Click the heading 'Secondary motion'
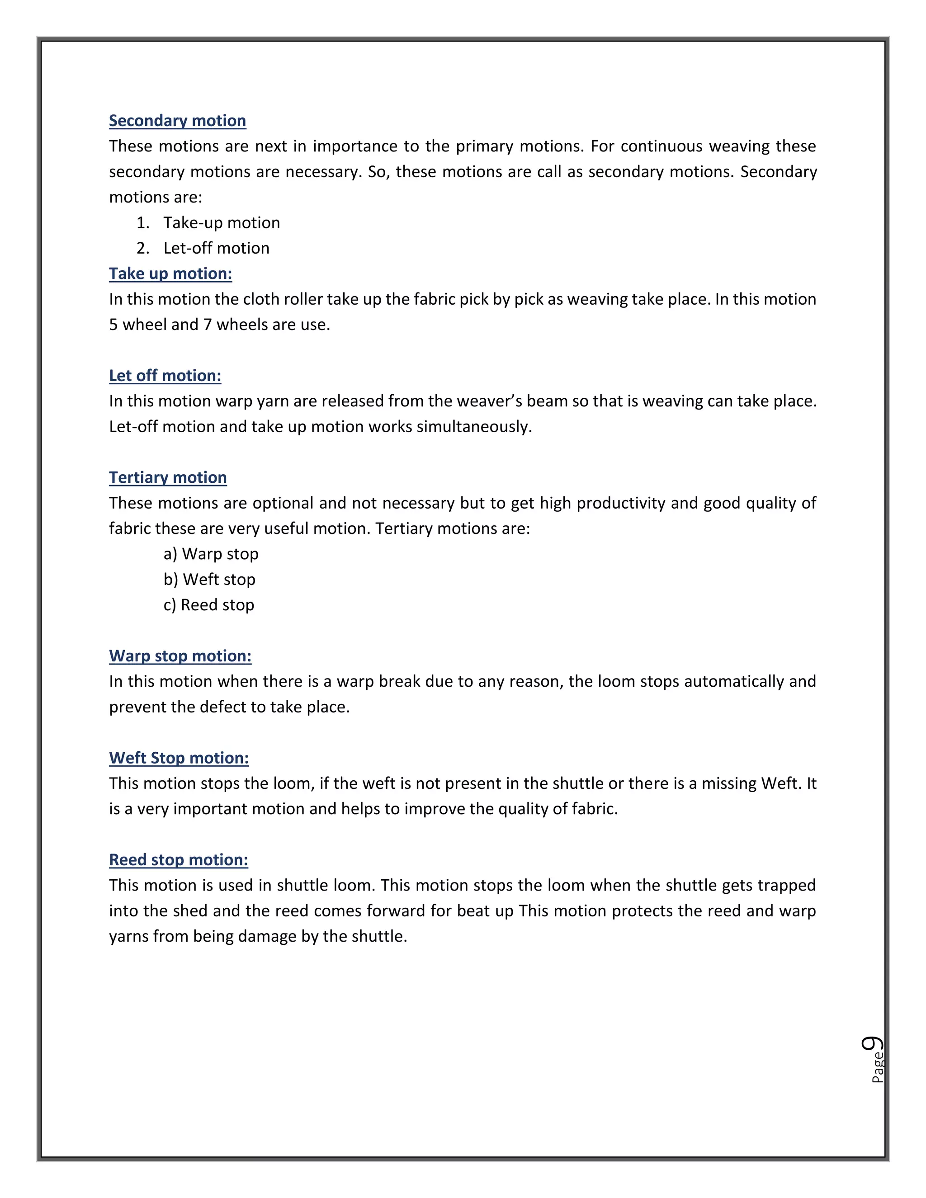click(x=177, y=121)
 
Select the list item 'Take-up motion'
click(x=221, y=223)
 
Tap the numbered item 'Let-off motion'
click(x=216, y=248)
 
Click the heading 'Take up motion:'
click(x=170, y=274)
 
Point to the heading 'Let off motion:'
click(x=165, y=376)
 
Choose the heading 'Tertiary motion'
click(x=167, y=477)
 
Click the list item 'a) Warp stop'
click(x=211, y=554)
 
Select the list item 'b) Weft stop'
click(x=209, y=579)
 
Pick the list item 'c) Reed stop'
click(x=208, y=605)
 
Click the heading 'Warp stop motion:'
click(x=180, y=656)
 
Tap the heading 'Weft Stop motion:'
click(x=179, y=758)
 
